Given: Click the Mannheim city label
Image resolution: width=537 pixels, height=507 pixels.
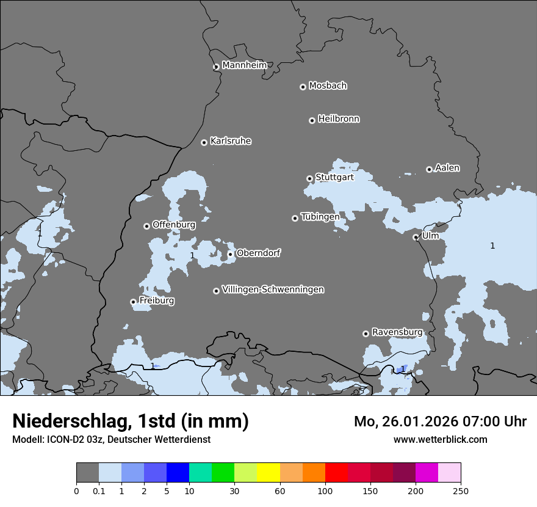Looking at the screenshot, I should pos(244,65).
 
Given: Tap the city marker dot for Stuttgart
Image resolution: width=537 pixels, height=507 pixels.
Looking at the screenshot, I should pos(309,178).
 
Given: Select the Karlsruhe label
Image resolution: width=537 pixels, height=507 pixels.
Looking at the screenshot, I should pos(231,141).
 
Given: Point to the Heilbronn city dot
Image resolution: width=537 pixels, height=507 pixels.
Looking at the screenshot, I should pos(312,120).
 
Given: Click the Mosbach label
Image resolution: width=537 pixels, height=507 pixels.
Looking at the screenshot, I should pos(328,86).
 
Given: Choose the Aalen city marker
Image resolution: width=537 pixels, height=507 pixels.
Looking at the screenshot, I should pos(429,169).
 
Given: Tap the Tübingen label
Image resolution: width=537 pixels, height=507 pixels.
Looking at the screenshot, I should pos(320,217).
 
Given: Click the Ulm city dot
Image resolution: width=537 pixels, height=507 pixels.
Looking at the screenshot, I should pos(416,237).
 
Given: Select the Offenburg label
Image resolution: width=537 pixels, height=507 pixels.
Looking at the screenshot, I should pos(174,225).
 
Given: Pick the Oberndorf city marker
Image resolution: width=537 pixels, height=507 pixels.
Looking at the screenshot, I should pos(230,254).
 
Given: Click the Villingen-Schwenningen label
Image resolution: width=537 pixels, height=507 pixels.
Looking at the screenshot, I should pos(273,290).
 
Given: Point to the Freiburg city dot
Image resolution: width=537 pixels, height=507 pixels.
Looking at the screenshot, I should pos(133,302).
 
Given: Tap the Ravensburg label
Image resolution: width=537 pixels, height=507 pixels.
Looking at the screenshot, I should pos(397,332).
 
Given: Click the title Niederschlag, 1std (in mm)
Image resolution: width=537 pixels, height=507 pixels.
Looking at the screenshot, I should pos(131,421).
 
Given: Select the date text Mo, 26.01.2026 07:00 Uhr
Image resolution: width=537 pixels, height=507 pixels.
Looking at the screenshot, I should pos(440,421).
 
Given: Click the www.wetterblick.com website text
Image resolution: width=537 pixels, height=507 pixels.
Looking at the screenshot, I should pos(440,439).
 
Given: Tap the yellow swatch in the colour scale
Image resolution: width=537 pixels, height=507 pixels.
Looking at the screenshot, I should pos(268,473).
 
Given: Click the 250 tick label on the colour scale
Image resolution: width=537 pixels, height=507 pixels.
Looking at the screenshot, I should pos(461,490).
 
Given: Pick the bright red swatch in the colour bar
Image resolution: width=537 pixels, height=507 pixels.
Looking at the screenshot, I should pos(336,473).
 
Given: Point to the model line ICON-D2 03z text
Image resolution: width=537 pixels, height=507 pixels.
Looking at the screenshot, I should pos(111,439).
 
